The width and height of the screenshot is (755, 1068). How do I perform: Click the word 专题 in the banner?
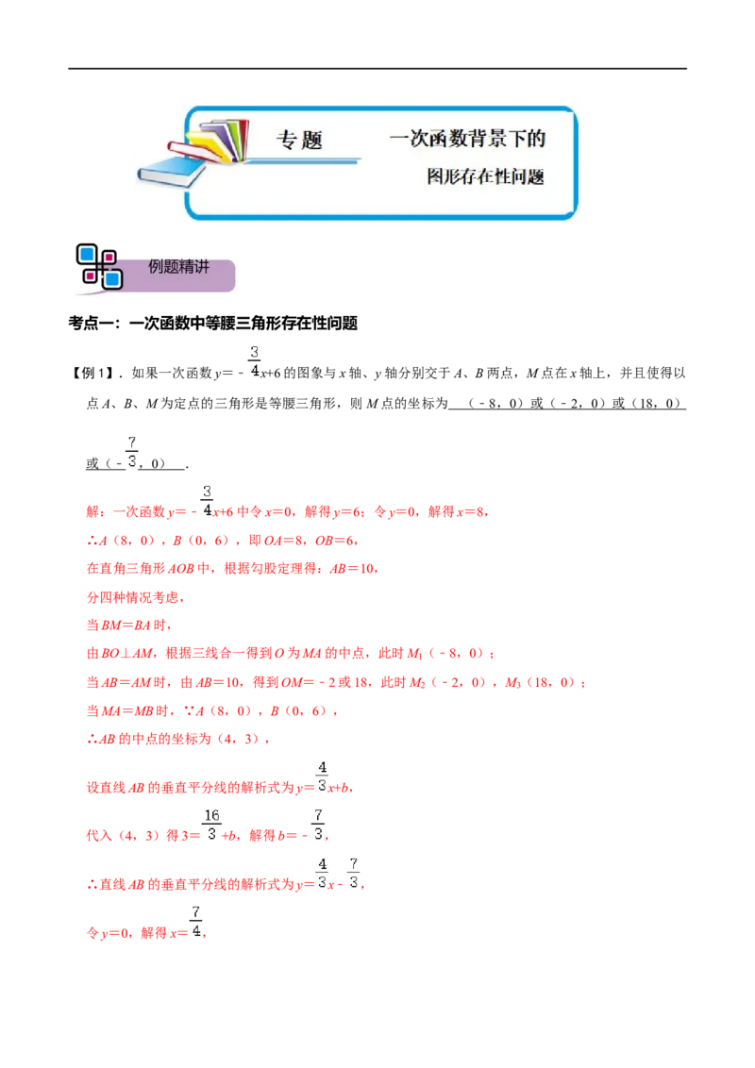pyautogui.click(x=299, y=140)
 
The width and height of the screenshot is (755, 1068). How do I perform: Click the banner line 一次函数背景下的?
pyautogui.click(x=467, y=139)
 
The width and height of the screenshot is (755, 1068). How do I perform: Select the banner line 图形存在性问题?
pyautogui.click(x=485, y=176)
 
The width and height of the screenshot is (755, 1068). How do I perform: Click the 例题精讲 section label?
pyautogui.click(x=178, y=267)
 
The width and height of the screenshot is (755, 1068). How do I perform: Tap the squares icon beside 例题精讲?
pyautogui.click(x=99, y=266)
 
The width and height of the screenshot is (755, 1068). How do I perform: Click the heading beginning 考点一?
pyautogui.click(x=212, y=323)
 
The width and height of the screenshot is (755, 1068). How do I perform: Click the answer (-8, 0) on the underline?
pyautogui.click(x=495, y=403)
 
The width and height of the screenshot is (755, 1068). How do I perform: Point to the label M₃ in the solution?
pyautogui.click(x=513, y=682)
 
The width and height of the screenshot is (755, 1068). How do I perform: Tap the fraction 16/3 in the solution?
pyautogui.click(x=211, y=825)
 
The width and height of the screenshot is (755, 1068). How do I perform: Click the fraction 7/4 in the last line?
pyautogui.click(x=196, y=922)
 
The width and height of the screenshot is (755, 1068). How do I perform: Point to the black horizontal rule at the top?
pyautogui.click(x=377, y=69)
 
